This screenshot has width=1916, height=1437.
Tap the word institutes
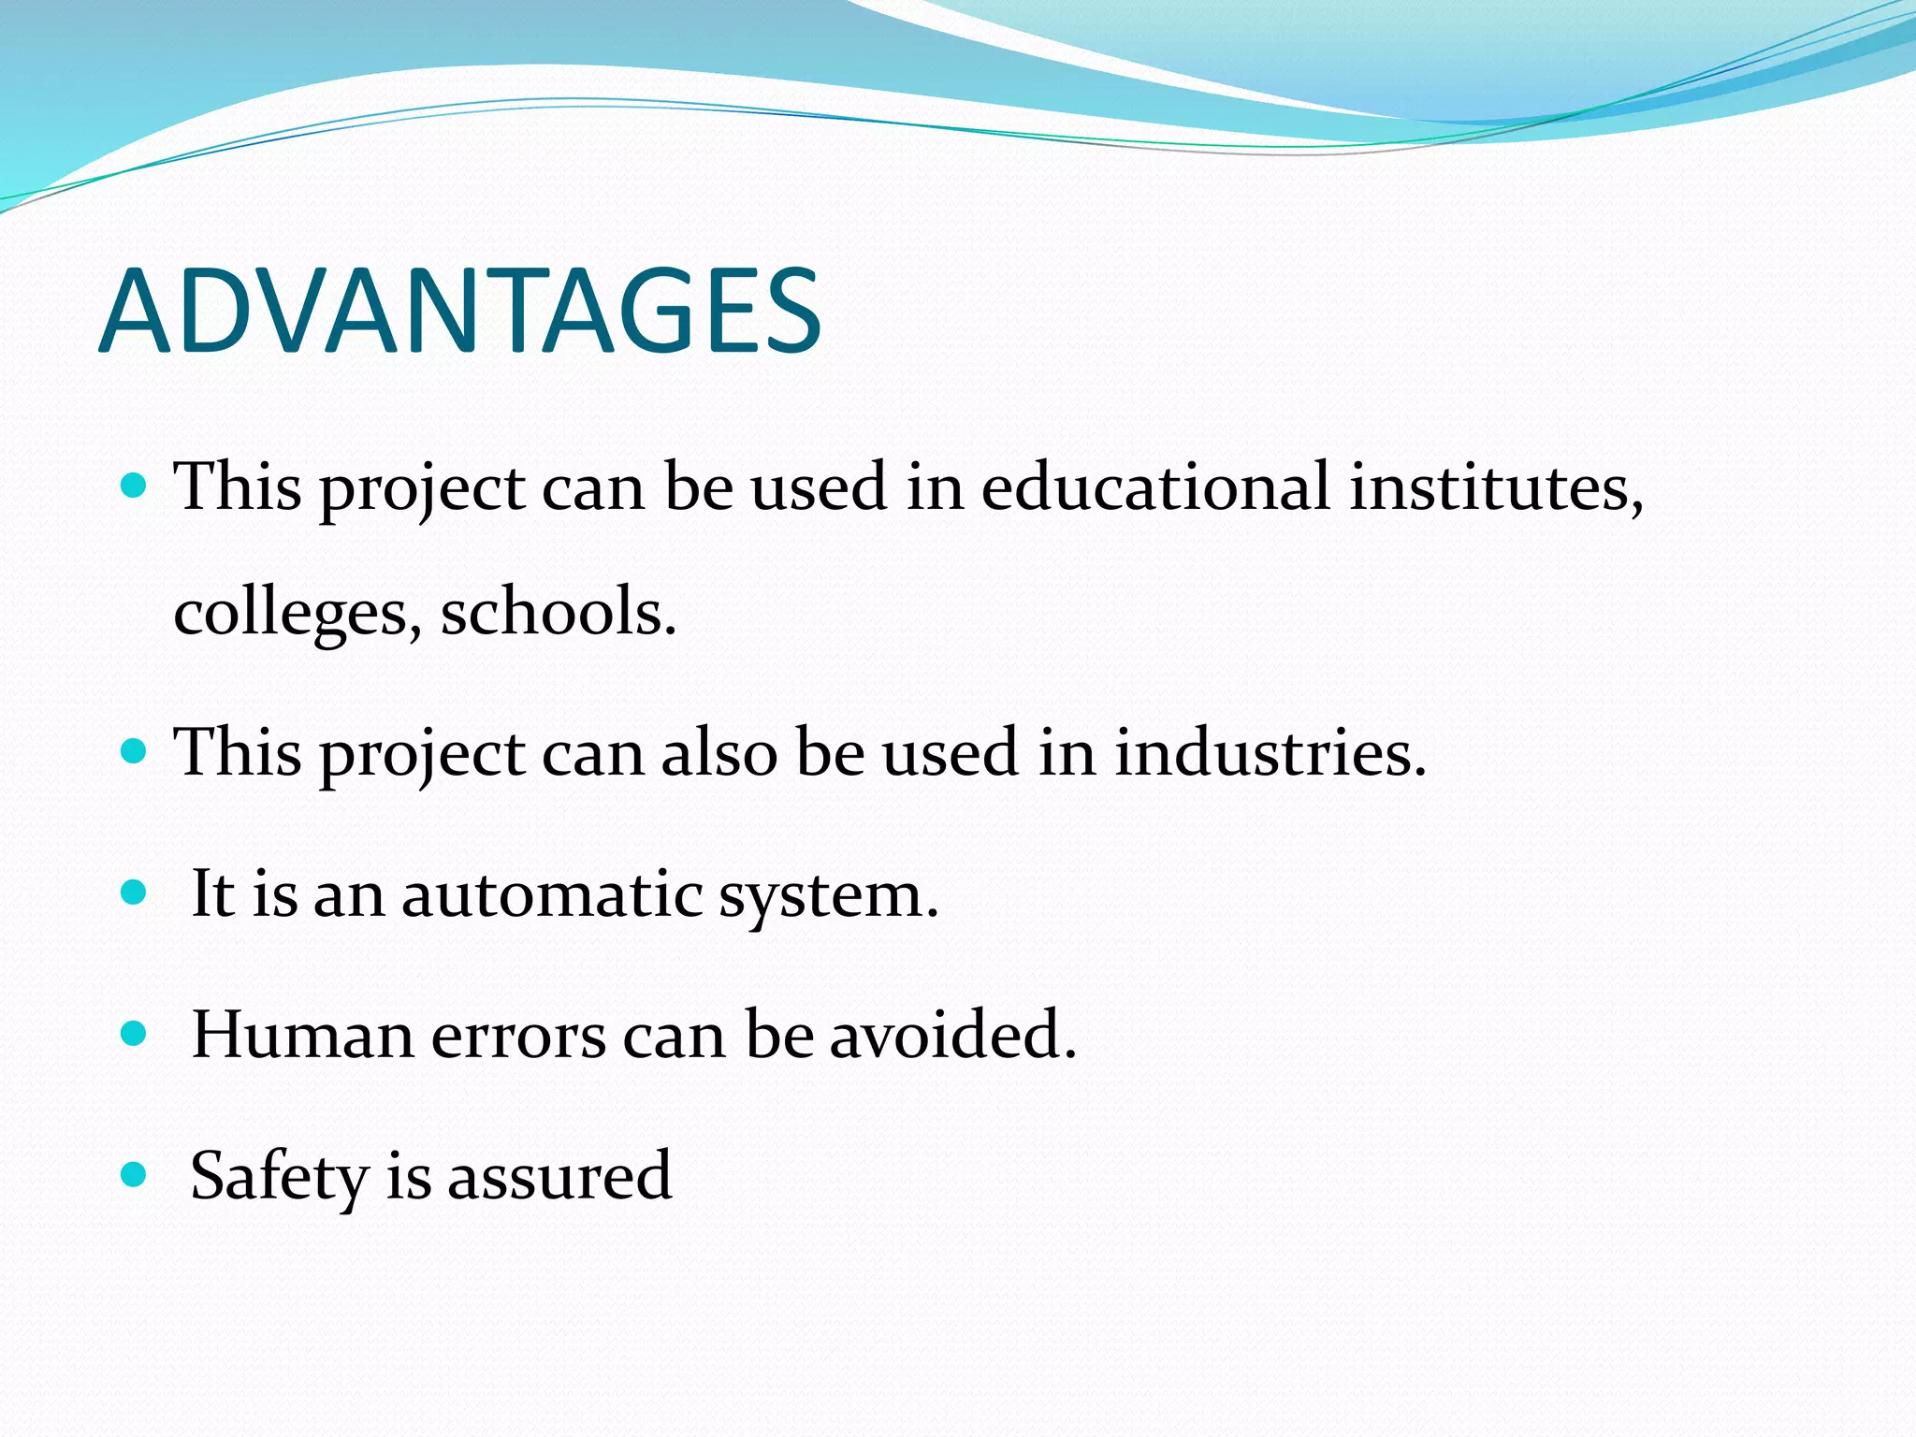point(1494,486)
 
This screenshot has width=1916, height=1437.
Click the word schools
point(558,613)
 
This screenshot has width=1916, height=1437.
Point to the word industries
point(1270,752)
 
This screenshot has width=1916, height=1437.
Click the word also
point(718,752)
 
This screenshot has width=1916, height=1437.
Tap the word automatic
point(552,894)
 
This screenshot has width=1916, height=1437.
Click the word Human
point(302,1035)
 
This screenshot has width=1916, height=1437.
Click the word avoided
point(952,1035)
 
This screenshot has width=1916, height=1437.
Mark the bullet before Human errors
point(135,1033)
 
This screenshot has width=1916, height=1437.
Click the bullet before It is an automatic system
point(135,893)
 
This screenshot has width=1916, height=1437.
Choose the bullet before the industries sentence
point(135,750)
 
